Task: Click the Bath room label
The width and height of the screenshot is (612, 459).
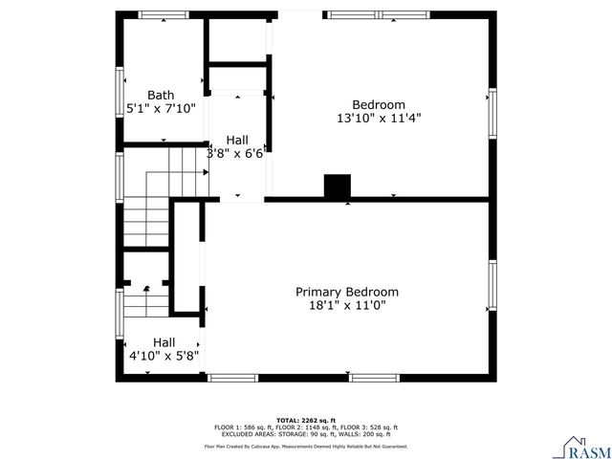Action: coord(161,95)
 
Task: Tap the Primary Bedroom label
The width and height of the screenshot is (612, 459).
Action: coord(346,292)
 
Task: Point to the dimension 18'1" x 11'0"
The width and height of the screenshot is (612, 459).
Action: coord(346,306)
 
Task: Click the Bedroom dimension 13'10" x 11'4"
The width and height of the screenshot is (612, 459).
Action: coord(379,119)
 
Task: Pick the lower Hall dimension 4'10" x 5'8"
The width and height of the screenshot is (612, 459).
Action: coord(164,356)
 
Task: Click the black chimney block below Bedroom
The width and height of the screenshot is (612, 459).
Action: coord(338,187)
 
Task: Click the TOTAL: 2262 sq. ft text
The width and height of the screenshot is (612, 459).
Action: coord(306,420)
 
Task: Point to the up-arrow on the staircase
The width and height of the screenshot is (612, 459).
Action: coord(146,288)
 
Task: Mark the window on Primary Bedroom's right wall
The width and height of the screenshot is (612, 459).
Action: coord(493,287)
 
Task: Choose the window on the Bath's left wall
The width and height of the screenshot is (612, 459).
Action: coord(119,94)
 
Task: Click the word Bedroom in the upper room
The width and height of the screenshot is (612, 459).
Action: coord(379,104)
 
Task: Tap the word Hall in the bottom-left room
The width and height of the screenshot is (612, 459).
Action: coord(164,341)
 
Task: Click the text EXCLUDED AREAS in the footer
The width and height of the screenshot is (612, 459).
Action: coord(244,433)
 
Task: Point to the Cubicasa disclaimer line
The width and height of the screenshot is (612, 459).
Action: coord(306,447)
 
